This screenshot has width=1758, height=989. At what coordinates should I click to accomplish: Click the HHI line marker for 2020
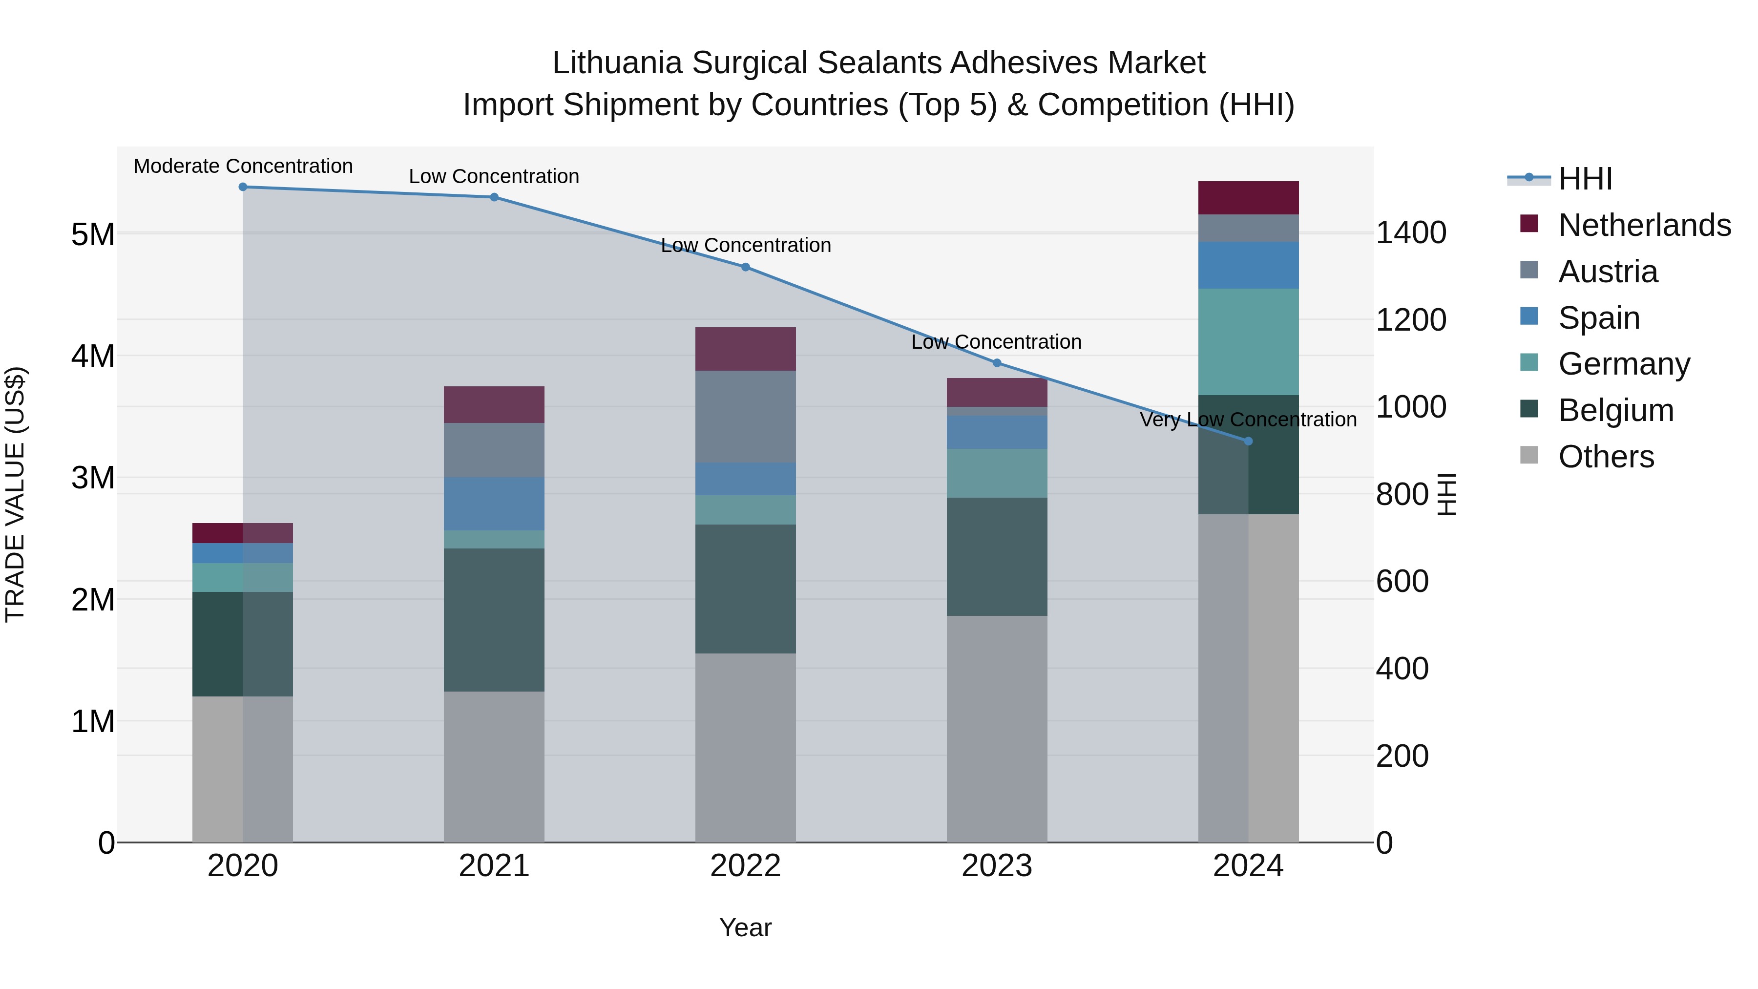tap(243, 187)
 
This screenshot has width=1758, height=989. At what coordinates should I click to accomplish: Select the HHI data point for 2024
tap(1248, 442)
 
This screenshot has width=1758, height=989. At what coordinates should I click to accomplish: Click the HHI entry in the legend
tap(1585, 179)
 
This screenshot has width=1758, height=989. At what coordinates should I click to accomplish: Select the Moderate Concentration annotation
tap(243, 167)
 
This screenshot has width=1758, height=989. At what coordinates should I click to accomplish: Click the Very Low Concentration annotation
tap(1248, 420)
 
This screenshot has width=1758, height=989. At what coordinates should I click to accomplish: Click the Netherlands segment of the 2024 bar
tap(1248, 198)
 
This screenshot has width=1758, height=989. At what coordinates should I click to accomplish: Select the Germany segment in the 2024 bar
tap(1248, 341)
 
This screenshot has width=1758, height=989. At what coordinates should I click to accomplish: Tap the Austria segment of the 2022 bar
tap(745, 416)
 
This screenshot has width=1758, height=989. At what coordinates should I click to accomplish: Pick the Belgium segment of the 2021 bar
tap(494, 620)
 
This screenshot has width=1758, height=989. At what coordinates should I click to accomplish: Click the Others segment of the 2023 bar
tap(996, 729)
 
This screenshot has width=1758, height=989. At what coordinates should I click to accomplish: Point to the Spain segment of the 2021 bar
tap(494, 504)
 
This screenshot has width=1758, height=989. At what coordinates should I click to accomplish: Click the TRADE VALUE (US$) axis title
tap(15, 494)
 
